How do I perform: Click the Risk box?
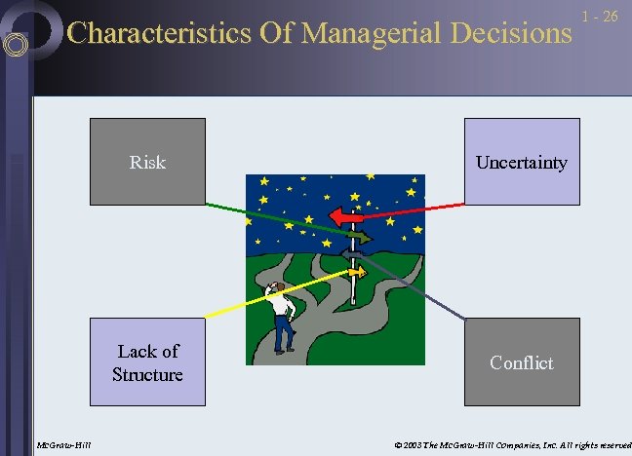(x=147, y=162)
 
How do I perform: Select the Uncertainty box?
(x=521, y=162)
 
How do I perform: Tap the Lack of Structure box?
(x=147, y=362)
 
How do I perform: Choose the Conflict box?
(x=521, y=362)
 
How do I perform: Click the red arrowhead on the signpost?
(x=336, y=217)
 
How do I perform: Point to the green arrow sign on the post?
(x=360, y=237)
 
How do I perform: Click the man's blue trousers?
(x=283, y=334)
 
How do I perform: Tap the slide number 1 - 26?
(x=600, y=17)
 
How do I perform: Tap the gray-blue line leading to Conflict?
(x=429, y=298)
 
